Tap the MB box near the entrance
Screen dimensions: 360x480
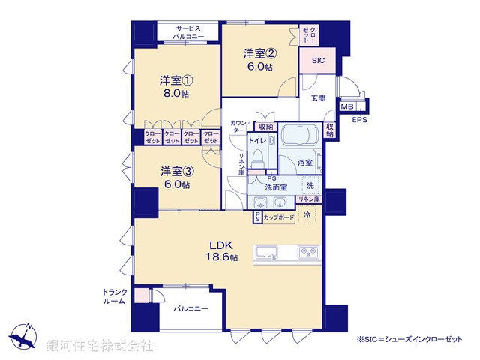coord(346,106)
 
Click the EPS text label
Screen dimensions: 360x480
coord(360,119)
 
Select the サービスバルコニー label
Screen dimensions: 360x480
coord(187,31)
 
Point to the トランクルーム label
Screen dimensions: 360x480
coord(115,296)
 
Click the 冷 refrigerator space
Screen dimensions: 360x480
coord(307,216)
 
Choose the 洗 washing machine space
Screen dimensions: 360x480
coord(309,184)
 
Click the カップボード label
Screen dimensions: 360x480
coord(278,217)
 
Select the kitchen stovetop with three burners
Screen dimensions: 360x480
coord(307,251)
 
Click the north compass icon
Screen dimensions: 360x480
coord(24,335)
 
